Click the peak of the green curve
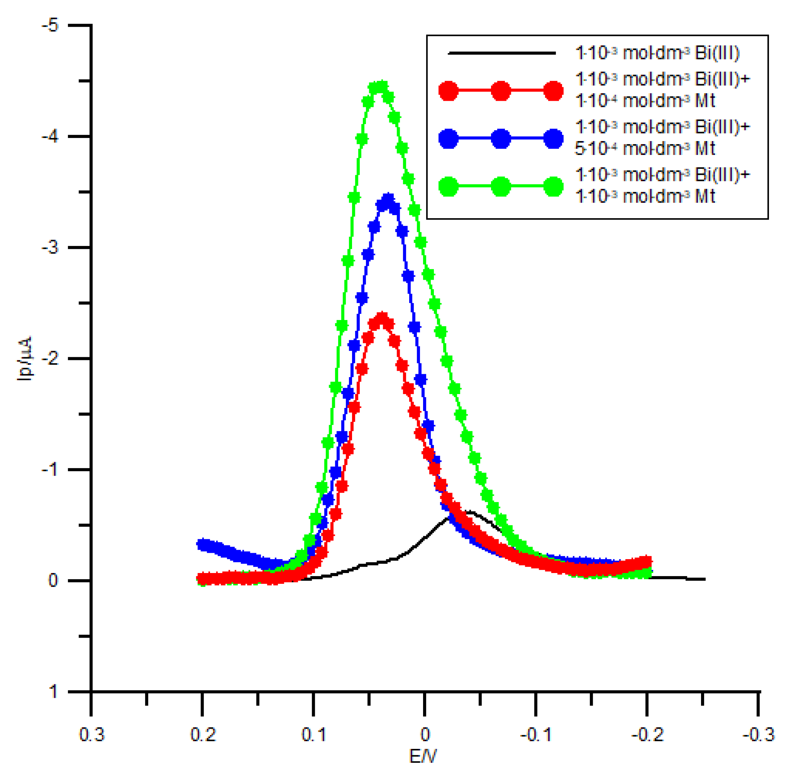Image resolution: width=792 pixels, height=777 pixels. pyautogui.click(x=380, y=87)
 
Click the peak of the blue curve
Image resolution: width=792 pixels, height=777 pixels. pyautogui.click(x=388, y=199)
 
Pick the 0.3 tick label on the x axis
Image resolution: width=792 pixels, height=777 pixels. pyautogui.click(x=91, y=735)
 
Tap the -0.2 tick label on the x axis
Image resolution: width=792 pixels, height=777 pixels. pyautogui.click(x=647, y=735)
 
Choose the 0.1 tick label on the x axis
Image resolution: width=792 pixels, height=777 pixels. pyautogui.click(x=313, y=735)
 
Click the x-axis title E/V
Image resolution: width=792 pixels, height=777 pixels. pyautogui.click(x=423, y=756)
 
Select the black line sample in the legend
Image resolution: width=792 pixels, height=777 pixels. pyautogui.click(x=502, y=53)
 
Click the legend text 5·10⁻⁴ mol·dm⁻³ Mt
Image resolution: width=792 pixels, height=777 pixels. pyautogui.click(x=645, y=148)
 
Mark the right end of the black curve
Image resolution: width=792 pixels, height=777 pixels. pyautogui.click(x=704, y=579)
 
